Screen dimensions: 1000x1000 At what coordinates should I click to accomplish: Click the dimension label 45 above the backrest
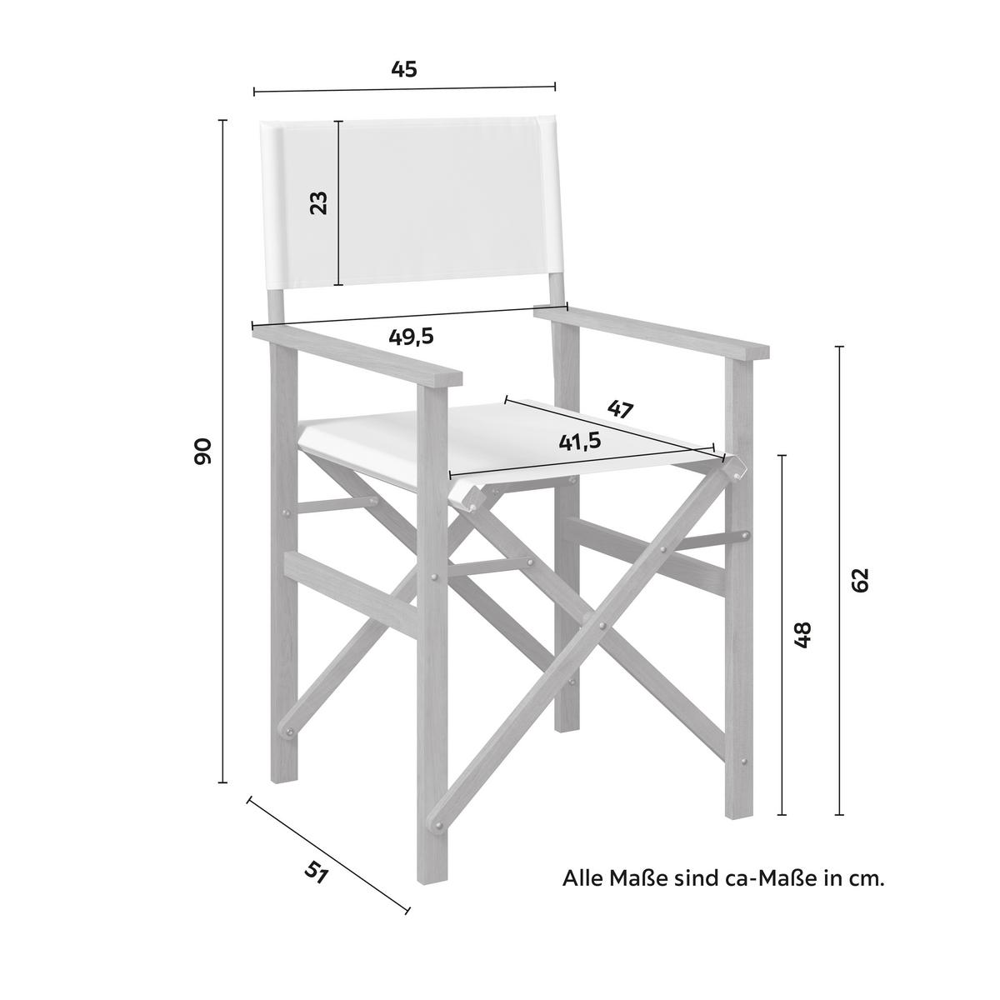point(403,69)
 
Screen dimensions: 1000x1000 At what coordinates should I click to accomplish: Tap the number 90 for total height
point(202,452)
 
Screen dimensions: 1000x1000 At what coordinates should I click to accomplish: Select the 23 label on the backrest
point(318,202)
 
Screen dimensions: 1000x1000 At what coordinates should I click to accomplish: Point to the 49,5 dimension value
point(411,337)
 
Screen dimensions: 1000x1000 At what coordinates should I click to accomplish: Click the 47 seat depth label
point(620,409)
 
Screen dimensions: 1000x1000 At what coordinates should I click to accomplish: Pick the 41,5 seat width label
point(580,442)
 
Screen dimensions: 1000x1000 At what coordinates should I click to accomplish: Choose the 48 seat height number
point(802,634)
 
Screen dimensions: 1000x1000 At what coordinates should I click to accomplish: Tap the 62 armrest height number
point(859,580)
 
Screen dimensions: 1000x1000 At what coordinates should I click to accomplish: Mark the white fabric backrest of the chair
point(410,202)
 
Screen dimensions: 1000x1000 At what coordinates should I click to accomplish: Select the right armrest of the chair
point(652,333)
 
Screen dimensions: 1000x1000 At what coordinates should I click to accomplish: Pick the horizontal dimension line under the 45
point(404,89)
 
